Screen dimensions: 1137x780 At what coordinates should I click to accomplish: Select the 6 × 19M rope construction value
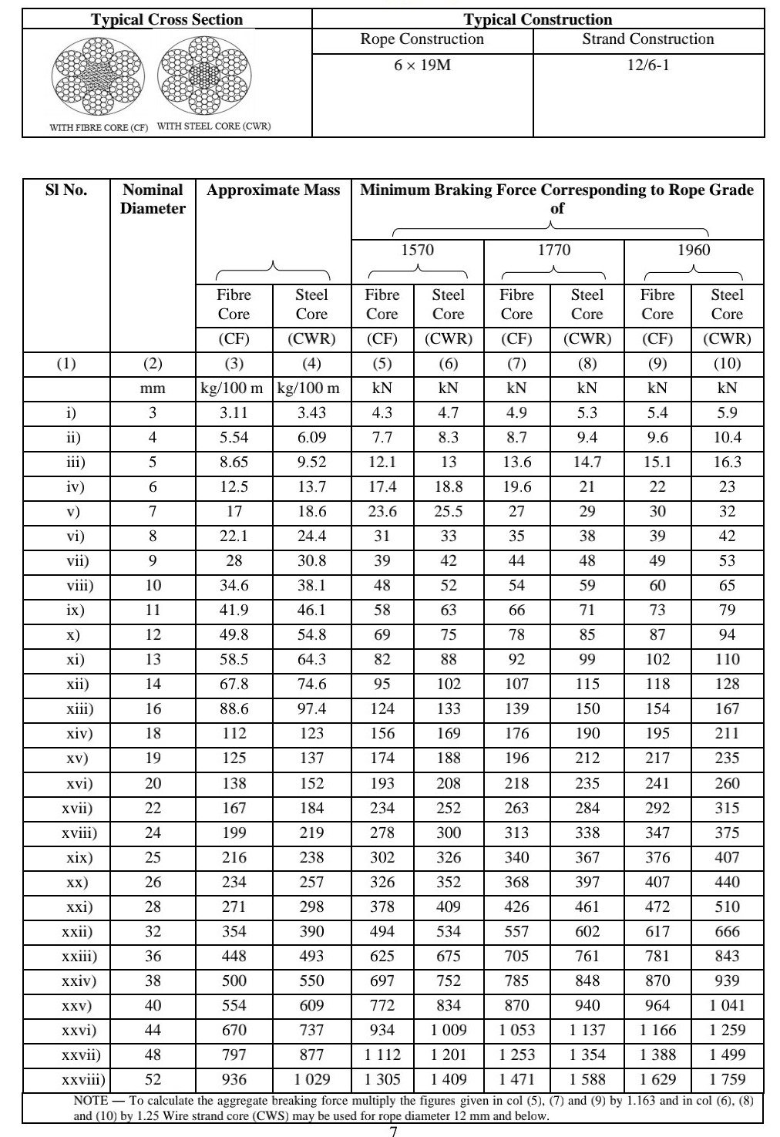point(422,66)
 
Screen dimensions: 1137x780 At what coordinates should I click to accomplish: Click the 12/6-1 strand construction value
point(648,66)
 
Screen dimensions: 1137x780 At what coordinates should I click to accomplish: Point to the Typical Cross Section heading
point(166,20)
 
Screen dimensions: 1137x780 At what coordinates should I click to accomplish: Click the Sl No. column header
point(66,190)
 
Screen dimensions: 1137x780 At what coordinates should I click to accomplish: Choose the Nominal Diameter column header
point(153,199)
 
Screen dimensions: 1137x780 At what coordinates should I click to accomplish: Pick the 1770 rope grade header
point(554,250)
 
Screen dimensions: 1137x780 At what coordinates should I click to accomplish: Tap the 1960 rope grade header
point(694,250)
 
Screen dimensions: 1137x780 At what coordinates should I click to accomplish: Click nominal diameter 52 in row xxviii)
point(153,1080)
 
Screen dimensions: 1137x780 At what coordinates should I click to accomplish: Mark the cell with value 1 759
point(727,1080)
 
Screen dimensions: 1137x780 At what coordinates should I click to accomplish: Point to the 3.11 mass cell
point(234,413)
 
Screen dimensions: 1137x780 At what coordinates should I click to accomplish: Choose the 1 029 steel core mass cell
point(311,1080)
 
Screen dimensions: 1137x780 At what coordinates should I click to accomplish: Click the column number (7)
point(516,364)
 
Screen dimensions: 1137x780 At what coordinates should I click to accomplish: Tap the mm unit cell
point(153,389)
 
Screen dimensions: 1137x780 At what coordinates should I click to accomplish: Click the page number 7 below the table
point(393,1131)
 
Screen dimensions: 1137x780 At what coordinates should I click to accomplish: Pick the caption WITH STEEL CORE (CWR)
point(213,126)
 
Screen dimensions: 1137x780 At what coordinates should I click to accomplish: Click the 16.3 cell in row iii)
point(727,463)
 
